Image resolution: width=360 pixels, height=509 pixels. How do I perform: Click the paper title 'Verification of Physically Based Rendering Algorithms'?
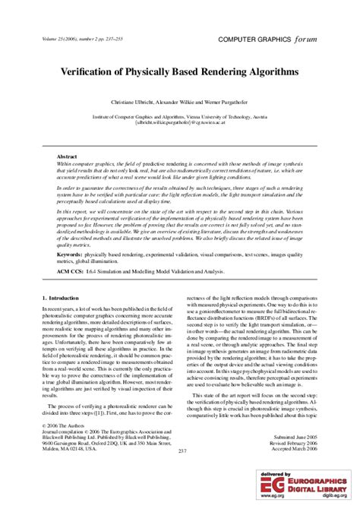point(179,70)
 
